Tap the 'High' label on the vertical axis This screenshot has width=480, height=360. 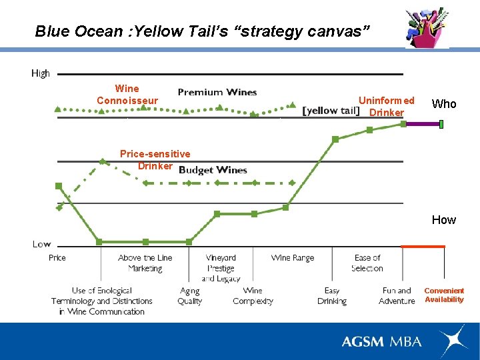(x=41, y=73)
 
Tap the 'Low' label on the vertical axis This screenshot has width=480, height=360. (x=41, y=244)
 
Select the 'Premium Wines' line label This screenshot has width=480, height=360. (x=217, y=92)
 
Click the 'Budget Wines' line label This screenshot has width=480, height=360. (x=213, y=170)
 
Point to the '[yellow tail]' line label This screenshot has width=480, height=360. (x=331, y=111)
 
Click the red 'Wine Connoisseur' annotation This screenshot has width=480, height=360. (x=127, y=95)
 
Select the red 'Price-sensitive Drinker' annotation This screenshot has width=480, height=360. (x=155, y=160)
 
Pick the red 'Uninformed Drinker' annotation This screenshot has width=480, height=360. (x=387, y=107)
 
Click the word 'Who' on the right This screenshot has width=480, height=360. (x=444, y=103)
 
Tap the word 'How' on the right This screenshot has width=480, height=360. (x=444, y=219)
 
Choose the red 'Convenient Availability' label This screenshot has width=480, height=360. (x=444, y=295)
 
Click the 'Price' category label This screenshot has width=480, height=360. (x=57, y=257)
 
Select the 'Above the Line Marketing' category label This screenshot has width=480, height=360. (x=145, y=263)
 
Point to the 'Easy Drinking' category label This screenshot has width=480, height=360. (x=332, y=296)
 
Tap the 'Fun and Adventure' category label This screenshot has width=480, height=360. (x=397, y=296)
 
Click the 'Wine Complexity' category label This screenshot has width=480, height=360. (x=253, y=296)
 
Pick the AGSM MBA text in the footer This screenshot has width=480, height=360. (x=381, y=341)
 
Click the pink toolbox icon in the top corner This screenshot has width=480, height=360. (x=427, y=28)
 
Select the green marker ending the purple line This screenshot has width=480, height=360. (x=441, y=123)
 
